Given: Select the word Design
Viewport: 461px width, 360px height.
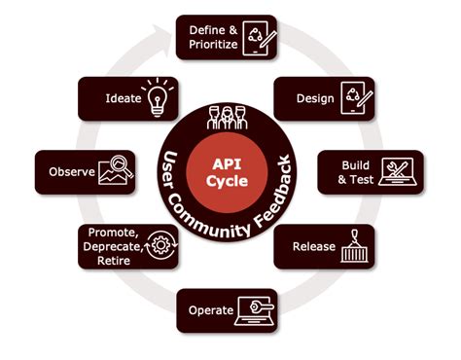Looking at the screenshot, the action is tap(314, 97).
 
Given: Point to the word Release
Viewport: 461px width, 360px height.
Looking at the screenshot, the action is tap(314, 246).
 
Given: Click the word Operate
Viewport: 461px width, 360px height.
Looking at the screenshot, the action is tap(209, 310).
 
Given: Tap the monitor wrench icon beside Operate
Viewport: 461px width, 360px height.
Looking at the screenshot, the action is tap(257, 310).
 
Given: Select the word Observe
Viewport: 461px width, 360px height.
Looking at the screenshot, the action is tap(72, 173).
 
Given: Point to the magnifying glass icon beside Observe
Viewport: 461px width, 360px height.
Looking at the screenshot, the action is tap(119, 172).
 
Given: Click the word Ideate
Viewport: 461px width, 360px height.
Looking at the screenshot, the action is tap(123, 99).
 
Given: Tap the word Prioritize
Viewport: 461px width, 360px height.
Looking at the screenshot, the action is tap(212, 45).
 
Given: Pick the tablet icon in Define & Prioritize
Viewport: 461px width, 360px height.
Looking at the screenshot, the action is tap(258, 38).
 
